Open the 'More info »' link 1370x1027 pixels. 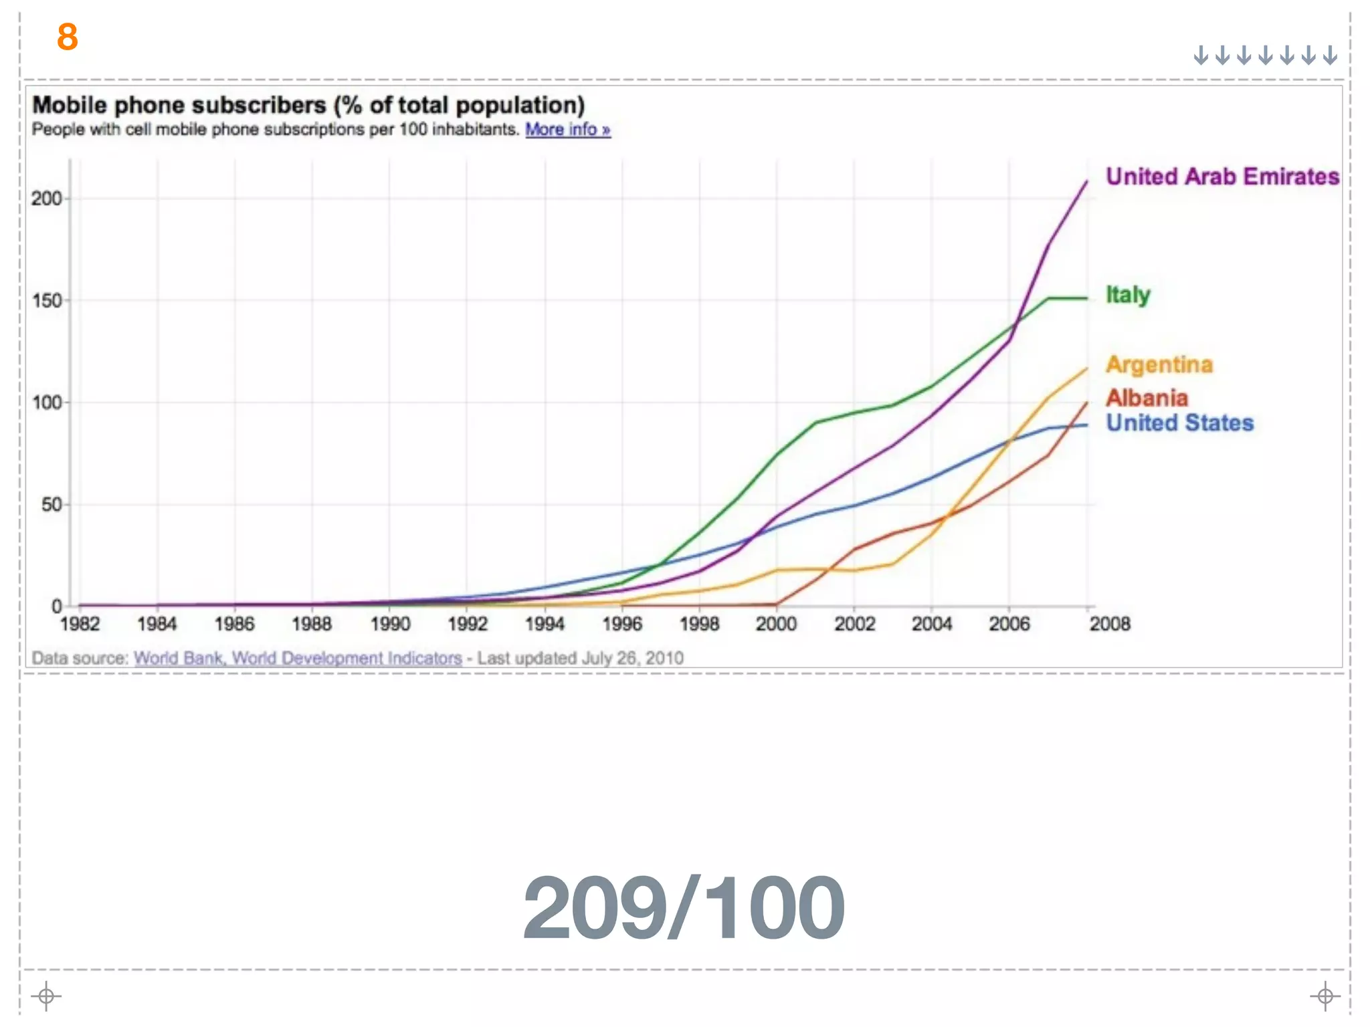pos(567,129)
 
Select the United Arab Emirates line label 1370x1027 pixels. pos(1222,177)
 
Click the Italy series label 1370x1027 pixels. pos(1128,295)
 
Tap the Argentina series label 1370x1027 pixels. pos(1159,365)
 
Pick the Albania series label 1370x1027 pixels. pos(1147,398)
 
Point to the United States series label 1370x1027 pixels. pos(1179,423)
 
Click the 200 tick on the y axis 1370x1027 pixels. pos(46,199)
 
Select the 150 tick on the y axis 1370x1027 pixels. pos(46,301)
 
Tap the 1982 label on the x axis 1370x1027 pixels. pos(80,624)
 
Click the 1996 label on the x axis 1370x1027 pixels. pos(622,624)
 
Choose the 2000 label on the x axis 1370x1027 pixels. pos(776,624)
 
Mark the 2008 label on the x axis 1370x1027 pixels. pos(1109,624)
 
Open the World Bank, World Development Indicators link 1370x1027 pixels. pos(298,659)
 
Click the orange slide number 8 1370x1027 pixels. pos(68,37)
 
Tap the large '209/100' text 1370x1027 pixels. pos(684,909)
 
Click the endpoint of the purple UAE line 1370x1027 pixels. pos(1086,181)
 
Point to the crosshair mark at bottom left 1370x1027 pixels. pos(46,996)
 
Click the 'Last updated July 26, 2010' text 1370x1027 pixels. pos(580,659)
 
